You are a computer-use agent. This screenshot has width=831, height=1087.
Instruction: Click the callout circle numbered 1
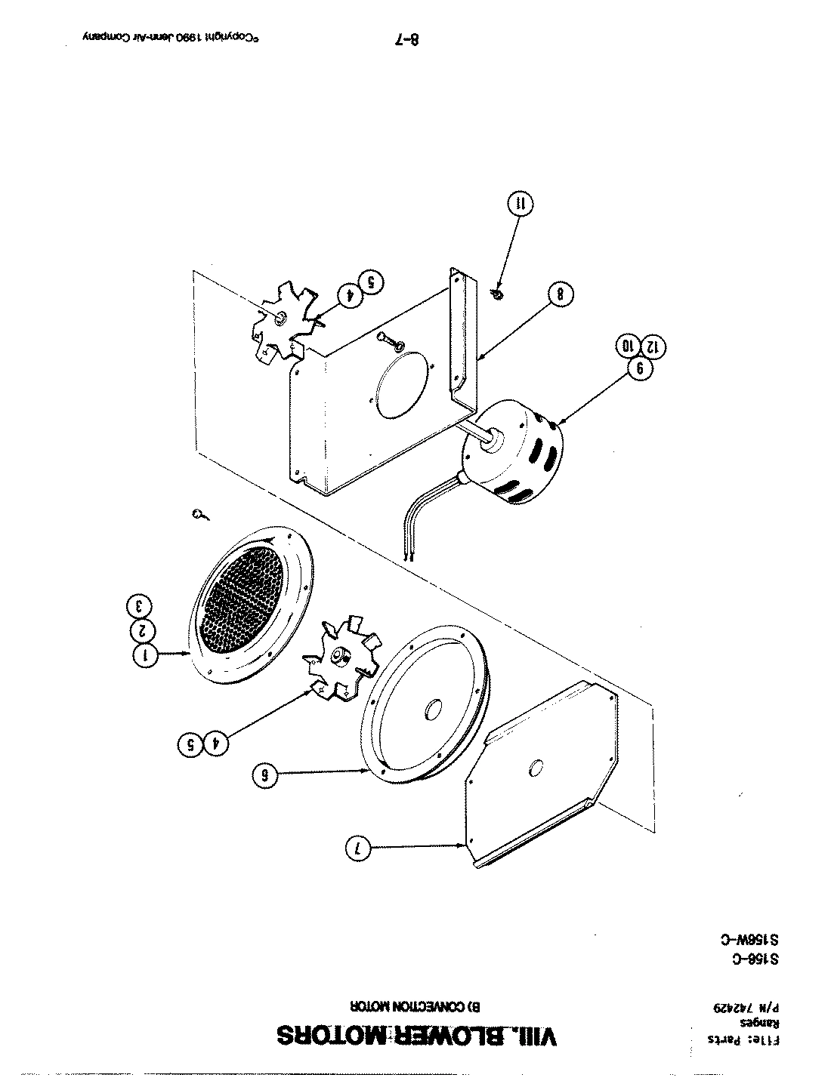147,655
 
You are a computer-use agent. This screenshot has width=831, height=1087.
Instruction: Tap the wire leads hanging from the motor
423,521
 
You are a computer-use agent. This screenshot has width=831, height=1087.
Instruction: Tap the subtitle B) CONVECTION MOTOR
415,1006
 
